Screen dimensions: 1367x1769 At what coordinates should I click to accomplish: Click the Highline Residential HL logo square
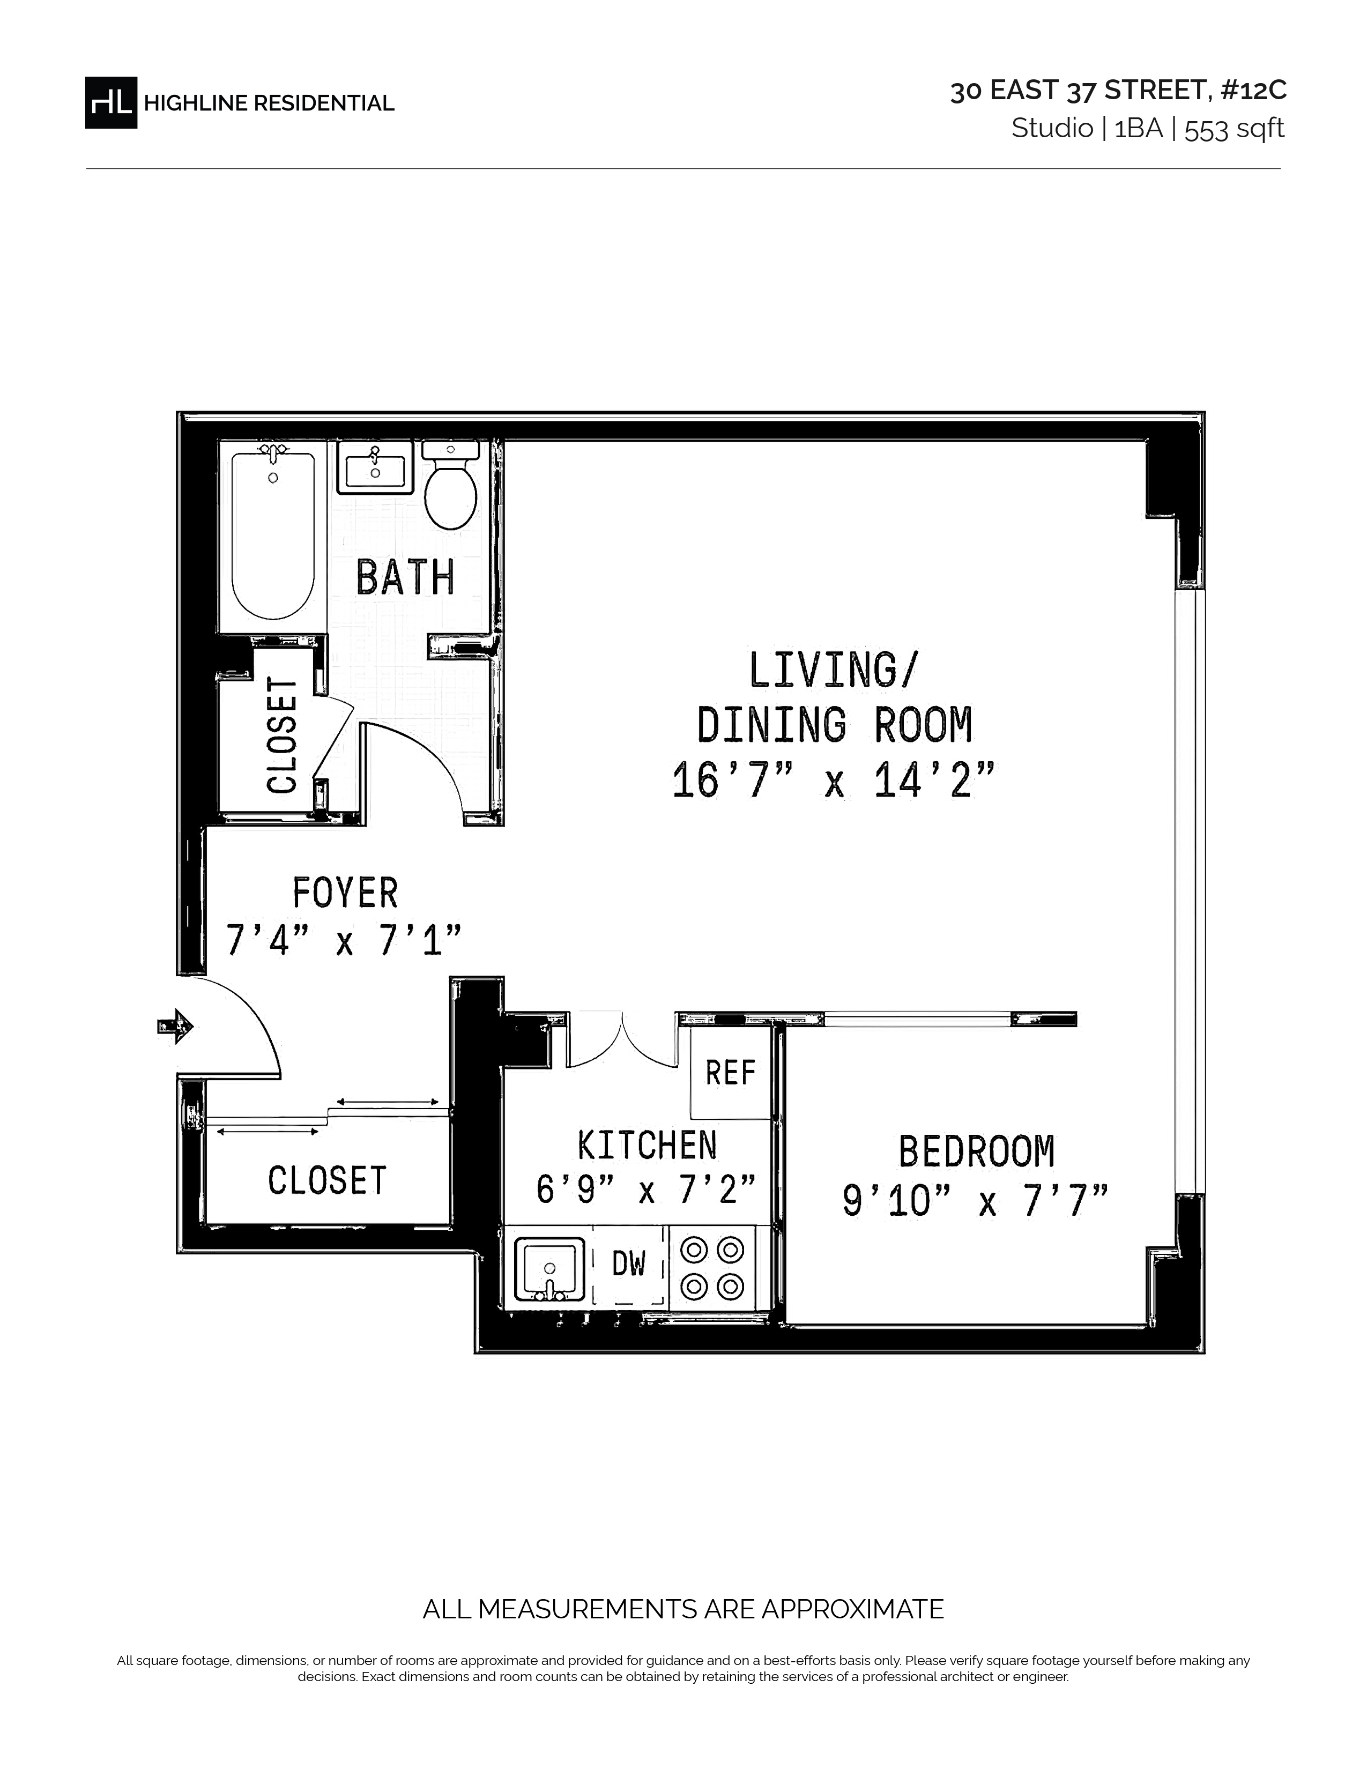pyautogui.click(x=111, y=103)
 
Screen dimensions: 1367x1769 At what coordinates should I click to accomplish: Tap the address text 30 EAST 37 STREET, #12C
pyautogui.click(x=1118, y=91)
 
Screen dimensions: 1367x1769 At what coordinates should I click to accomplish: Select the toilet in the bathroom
pyautogui.click(x=451, y=486)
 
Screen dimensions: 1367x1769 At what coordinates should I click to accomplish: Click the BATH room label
pyautogui.click(x=405, y=577)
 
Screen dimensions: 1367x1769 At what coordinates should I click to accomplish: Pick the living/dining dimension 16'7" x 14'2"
pyautogui.click(x=833, y=782)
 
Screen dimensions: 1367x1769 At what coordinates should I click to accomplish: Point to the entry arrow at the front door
pyautogui.click(x=175, y=1027)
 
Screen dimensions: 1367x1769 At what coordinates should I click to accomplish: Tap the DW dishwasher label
pyautogui.click(x=628, y=1263)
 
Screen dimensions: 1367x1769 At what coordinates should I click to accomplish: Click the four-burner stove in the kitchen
pyautogui.click(x=712, y=1268)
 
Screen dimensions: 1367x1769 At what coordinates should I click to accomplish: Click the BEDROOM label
pyautogui.click(x=977, y=1152)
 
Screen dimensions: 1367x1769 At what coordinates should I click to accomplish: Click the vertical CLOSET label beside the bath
pyautogui.click(x=283, y=734)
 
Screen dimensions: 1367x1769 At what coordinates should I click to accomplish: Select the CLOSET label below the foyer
pyautogui.click(x=327, y=1181)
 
